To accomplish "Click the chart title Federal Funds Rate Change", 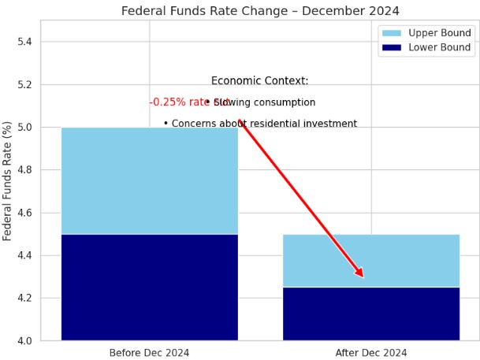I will [x=260, y=11].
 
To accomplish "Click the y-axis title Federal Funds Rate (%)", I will [x=8, y=181].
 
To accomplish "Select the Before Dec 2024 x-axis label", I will [x=149, y=353].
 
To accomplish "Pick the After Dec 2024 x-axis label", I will [x=371, y=353].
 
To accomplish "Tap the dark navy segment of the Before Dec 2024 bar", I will [x=149, y=288].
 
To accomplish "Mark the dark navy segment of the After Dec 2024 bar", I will [x=371, y=314].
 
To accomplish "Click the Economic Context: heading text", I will [x=260, y=81].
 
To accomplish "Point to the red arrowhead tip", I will [x=363, y=277].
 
